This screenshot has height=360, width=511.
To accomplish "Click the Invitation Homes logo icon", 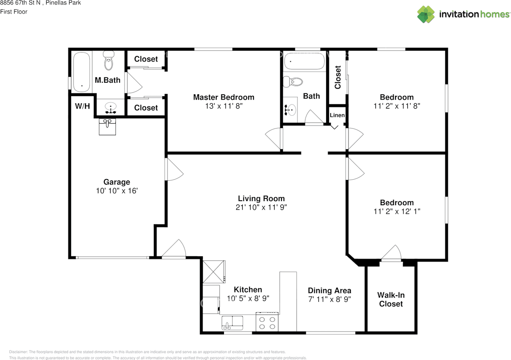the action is [x=426, y=14].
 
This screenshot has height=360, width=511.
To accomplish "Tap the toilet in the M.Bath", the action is [x=109, y=60].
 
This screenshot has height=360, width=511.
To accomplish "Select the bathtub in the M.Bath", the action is [x=81, y=72].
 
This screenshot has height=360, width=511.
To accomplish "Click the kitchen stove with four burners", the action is [x=267, y=322].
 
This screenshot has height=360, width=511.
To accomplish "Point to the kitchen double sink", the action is [x=232, y=322].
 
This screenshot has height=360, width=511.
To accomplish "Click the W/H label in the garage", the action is [x=82, y=106].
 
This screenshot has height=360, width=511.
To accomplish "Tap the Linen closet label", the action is [x=337, y=115].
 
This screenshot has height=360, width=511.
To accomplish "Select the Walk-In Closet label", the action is [x=391, y=299].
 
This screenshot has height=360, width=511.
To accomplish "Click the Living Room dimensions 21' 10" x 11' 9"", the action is [x=261, y=207].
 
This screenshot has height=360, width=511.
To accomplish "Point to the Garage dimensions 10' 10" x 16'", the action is [x=117, y=191].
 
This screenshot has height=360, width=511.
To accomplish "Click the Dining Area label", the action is [x=329, y=291].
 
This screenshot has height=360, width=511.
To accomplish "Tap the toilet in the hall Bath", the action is [x=293, y=82].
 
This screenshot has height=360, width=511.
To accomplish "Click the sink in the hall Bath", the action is [x=290, y=110].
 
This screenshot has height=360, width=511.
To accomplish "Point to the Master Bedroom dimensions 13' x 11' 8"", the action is [x=224, y=106].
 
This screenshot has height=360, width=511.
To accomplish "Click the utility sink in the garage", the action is [x=107, y=127].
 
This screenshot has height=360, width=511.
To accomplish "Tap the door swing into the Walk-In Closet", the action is [x=391, y=253].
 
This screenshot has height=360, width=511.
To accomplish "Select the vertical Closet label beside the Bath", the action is [x=338, y=77].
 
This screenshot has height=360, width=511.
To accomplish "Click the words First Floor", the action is [x=14, y=12].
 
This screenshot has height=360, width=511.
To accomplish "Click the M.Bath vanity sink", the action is [x=111, y=108].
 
